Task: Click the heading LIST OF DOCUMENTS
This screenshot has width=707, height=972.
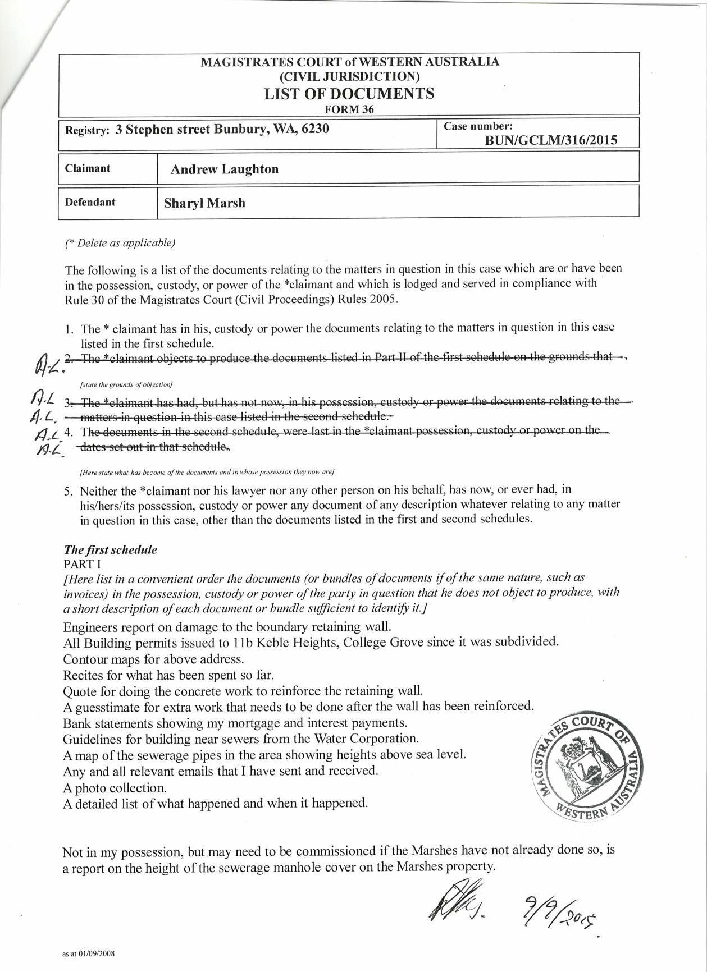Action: pyautogui.click(x=349, y=93)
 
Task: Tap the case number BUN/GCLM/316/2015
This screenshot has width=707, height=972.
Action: pyautogui.click(x=550, y=140)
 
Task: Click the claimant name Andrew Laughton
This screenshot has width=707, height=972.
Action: pyautogui.click(x=224, y=169)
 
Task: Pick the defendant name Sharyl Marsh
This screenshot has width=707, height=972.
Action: pyautogui.click(x=204, y=203)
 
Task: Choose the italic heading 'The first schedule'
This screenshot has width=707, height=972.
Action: pyautogui.click(x=111, y=550)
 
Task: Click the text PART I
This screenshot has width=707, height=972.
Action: pyautogui.click(x=82, y=564)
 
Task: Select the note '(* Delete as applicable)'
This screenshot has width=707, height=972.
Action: pyautogui.click(x=120, y=243)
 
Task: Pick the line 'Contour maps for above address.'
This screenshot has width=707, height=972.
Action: pyautogui.click(x=153, y=659)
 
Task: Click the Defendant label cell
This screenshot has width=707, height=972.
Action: pyautogui.click(x=90, y=202)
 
